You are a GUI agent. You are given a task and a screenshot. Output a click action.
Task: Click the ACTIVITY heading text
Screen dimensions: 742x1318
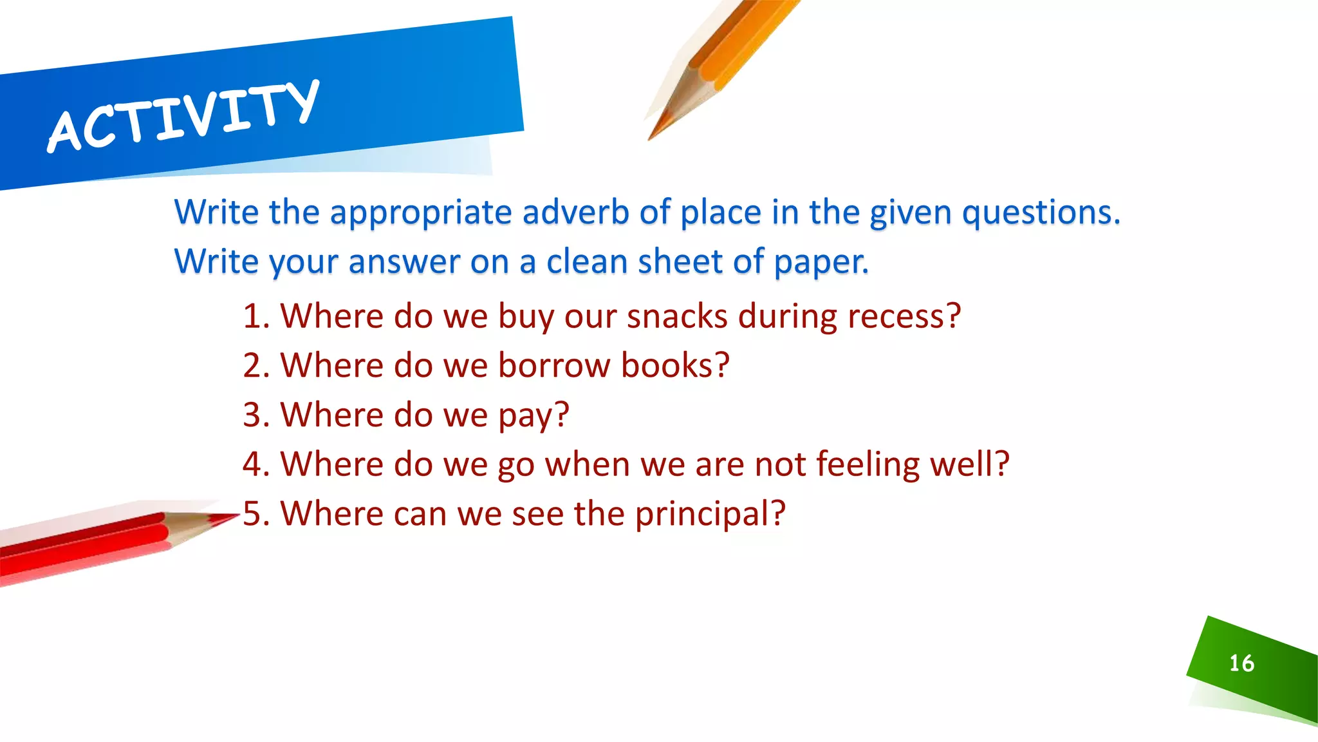pos(183,117)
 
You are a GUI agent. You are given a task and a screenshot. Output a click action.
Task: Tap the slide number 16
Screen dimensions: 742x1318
pos(1241,663)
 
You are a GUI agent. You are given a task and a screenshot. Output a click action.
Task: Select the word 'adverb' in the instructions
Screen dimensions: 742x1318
pos(575,212)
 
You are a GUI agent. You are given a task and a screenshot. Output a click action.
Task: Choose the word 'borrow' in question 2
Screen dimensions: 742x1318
pos(554,365)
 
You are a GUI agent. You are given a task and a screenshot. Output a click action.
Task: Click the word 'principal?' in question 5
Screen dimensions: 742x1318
pos(710,513)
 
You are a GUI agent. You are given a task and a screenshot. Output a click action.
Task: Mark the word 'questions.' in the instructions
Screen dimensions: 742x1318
pos(1041,212)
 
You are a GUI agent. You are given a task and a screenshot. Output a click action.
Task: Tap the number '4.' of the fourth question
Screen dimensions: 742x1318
pos(256,464)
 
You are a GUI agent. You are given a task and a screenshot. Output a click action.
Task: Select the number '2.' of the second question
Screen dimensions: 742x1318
pos(256,365)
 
